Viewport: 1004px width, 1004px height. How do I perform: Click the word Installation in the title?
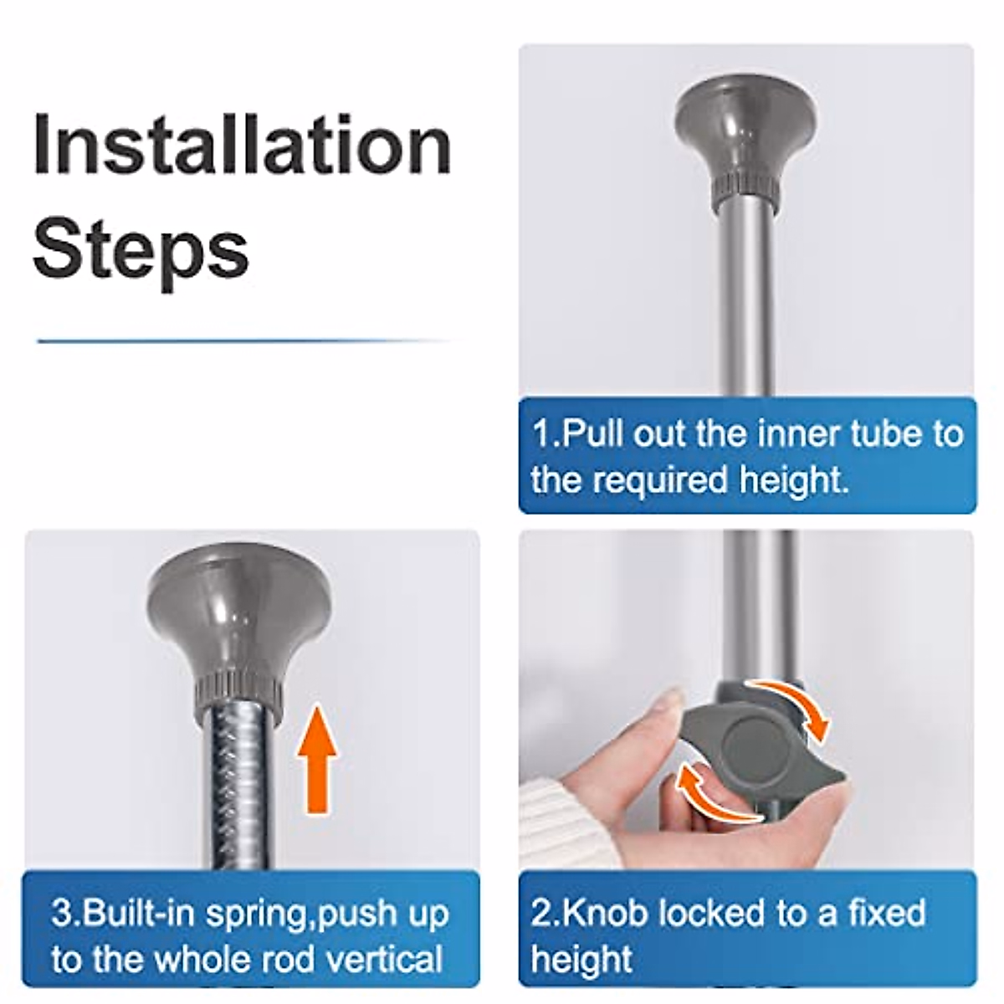(242, 143)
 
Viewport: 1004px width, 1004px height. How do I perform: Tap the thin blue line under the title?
(245, 341)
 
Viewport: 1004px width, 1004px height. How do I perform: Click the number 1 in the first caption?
(540, 433)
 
